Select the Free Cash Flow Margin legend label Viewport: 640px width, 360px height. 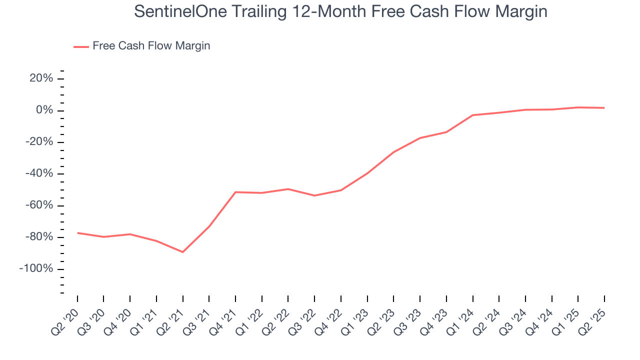point(151,46)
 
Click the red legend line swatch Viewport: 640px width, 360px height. point(81,46)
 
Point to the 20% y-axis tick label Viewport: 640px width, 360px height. point(41,78)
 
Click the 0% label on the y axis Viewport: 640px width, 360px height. point(44,110)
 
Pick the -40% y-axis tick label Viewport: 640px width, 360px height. point(39,173)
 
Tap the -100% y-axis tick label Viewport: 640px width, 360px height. point(36,268)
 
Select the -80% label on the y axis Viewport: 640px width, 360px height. point(39,237)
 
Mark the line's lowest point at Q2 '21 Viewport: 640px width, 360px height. point(182,252)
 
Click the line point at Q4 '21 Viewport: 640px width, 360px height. point(235,192)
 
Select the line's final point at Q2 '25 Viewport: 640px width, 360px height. point(604,108)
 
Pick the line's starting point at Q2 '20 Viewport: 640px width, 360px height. point(77,233)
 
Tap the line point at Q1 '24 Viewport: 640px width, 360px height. point(472,115)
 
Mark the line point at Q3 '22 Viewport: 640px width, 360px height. point(314,195)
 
